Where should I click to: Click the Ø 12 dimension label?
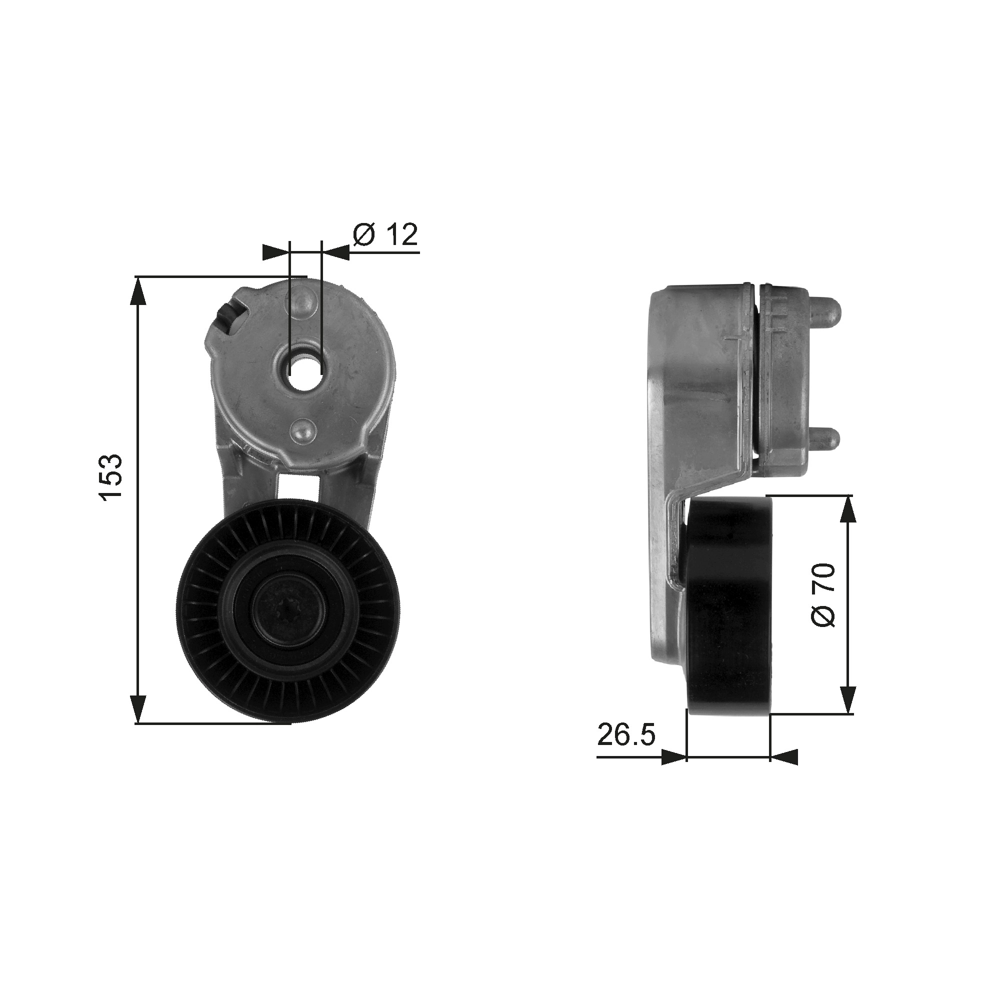[x=385, y=236]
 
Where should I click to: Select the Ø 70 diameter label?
[x=822, y=594]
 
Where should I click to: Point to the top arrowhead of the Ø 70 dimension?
[x=847, y=512]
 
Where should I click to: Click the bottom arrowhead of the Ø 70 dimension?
[x=847, y=699]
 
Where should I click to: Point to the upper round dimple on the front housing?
[x=303, y=303]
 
